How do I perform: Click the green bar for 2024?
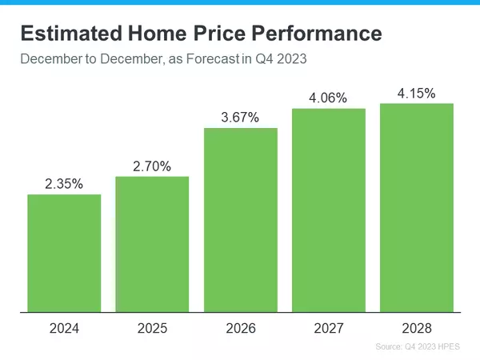tap(64, 253)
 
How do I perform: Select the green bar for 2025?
tap(152, 244)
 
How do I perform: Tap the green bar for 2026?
tap(241, 220)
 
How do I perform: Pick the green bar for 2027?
tap(329, 210)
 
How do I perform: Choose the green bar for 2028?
tap(417, 208)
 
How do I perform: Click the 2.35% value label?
tap(64, 184)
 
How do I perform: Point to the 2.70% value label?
tap(152, 166)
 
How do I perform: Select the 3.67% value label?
tap(241, 118)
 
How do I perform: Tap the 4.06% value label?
tap(329, 98)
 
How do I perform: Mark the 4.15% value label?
tap(417, 94)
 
